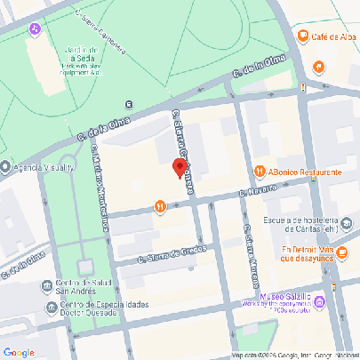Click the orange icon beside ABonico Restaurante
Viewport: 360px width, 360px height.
coord(260,172)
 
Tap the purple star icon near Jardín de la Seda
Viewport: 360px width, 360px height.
coord(35,29)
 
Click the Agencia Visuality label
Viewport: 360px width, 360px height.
coord(44,166)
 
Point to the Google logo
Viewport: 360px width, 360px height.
coord(19,352)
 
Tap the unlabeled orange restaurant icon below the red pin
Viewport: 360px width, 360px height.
coord(160,207)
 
